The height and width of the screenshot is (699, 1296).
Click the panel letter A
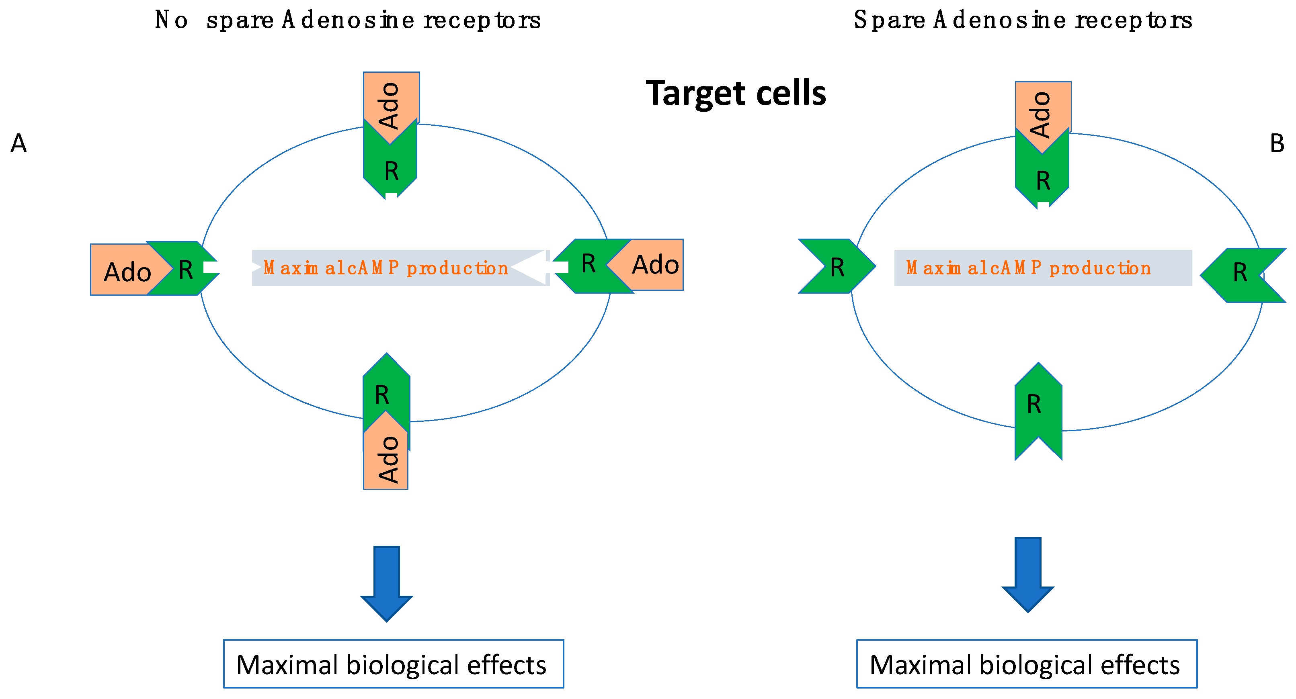point(18,143)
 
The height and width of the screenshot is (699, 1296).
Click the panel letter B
point(1276,143)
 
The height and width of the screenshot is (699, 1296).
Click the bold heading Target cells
point(736,94)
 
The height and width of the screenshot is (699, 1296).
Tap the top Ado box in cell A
point(391,98)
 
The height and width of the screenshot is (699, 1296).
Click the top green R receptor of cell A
point(390,168)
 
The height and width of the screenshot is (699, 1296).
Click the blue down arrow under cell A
point(386,583)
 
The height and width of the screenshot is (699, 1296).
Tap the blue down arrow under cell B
point(1027,573)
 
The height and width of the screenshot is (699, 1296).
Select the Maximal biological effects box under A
point(394,664)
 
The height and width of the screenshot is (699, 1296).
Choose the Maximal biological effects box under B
point(1026,664)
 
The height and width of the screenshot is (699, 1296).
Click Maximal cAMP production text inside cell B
point(1029,268)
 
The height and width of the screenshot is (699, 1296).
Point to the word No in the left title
point(171,20)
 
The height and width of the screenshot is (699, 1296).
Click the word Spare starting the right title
point(889,20)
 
